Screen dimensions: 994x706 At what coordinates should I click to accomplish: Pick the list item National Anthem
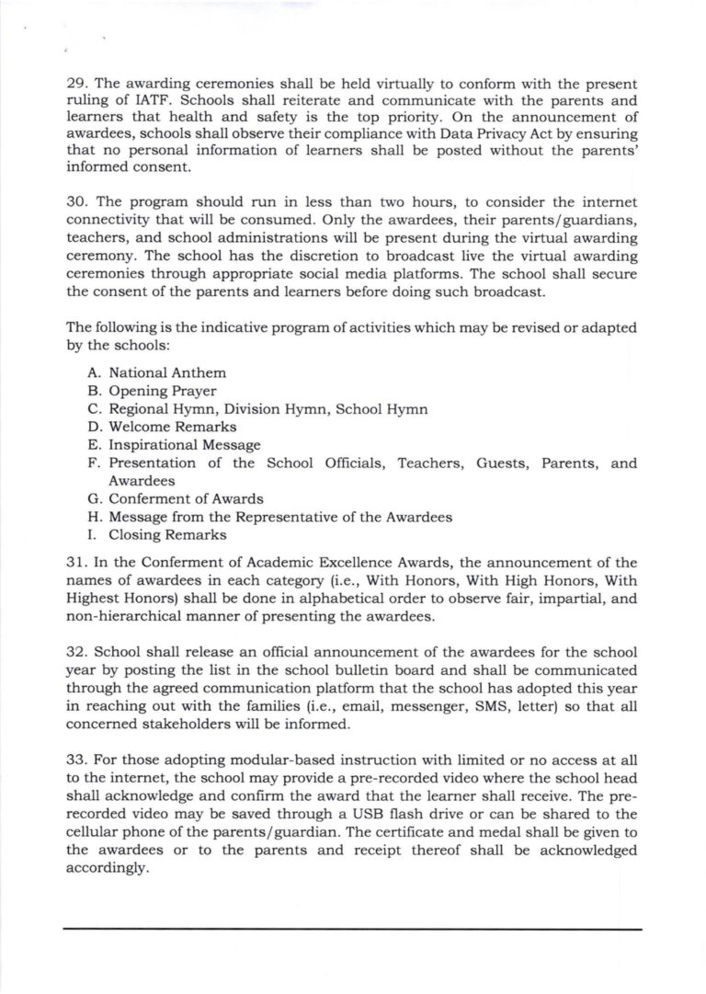(167, 373)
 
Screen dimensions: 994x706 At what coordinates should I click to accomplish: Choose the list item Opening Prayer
(163, 391)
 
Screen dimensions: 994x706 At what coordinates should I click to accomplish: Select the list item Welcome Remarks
(173, 427)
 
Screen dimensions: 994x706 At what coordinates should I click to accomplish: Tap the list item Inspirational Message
(185, 445)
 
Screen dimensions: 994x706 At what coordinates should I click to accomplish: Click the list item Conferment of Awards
(186, 498)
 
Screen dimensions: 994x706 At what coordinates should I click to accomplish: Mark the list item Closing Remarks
(167, 534)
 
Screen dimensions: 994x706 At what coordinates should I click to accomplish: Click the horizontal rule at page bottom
(353, 930)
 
